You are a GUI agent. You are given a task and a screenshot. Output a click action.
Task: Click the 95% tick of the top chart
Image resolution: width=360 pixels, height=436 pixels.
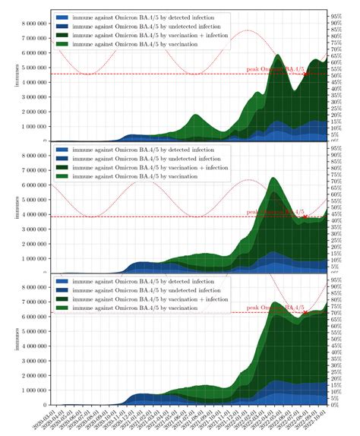pyautogui.click(x=336, y=14)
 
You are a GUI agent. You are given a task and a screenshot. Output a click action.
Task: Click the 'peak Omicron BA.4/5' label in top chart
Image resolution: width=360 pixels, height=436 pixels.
pyautogui.click(x=276, y=69)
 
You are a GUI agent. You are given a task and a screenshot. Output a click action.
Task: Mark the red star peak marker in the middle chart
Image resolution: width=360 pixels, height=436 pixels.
pyautogui.click(x=305, y=217)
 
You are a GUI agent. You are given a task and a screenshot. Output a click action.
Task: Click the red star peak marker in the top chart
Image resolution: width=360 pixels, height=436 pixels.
pyautogui.click(x=305, y=74)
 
